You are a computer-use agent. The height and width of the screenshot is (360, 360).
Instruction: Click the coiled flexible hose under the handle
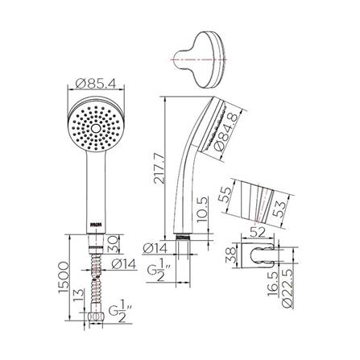95,282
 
